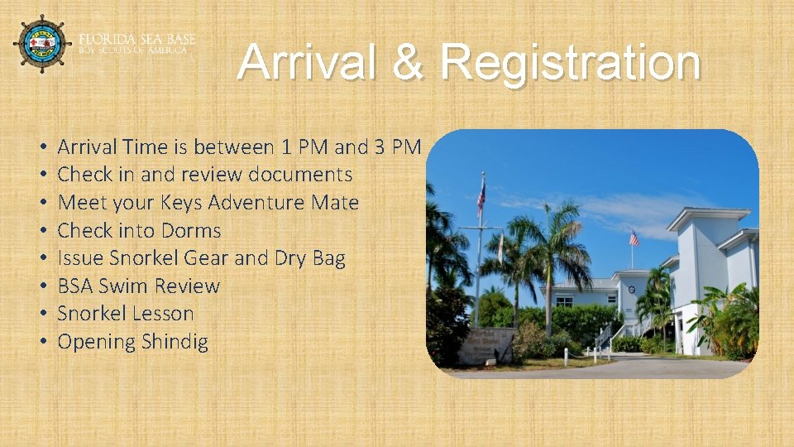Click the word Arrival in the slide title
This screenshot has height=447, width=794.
308,63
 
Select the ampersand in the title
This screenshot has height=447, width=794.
409,63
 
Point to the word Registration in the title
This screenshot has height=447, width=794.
571,63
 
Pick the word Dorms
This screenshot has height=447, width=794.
193,230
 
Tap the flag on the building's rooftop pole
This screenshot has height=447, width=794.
634,239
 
